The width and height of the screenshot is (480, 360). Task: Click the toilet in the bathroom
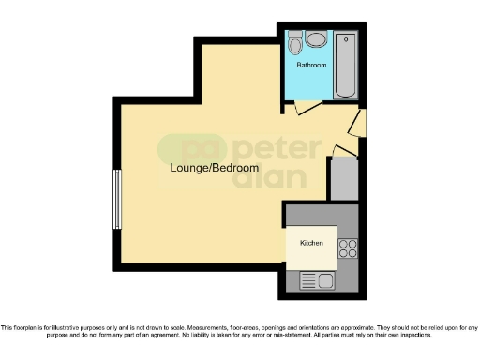[x=295, y=43]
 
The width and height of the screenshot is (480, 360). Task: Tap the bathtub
[x=344, y=66]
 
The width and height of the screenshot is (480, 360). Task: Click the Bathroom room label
[x=311, y=66]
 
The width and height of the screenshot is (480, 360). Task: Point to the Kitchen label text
[x=311, y=243]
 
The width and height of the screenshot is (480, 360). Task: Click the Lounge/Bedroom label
[x=215, y=168]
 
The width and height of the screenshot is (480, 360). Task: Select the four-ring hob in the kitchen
[x=347, y=247]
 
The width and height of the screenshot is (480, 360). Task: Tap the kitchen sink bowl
[x=325, y=279]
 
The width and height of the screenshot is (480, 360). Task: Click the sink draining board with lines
[x=308, y=279]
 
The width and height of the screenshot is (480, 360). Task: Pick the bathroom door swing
[x=305, y=109]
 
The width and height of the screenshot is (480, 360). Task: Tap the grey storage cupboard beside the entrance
[x=343, y=178]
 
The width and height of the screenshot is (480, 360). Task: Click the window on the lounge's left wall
[x=117, y=198]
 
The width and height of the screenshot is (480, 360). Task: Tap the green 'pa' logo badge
[x=181, y=150]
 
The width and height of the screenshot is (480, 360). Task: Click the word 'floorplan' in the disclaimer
[x=25, y=327]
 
